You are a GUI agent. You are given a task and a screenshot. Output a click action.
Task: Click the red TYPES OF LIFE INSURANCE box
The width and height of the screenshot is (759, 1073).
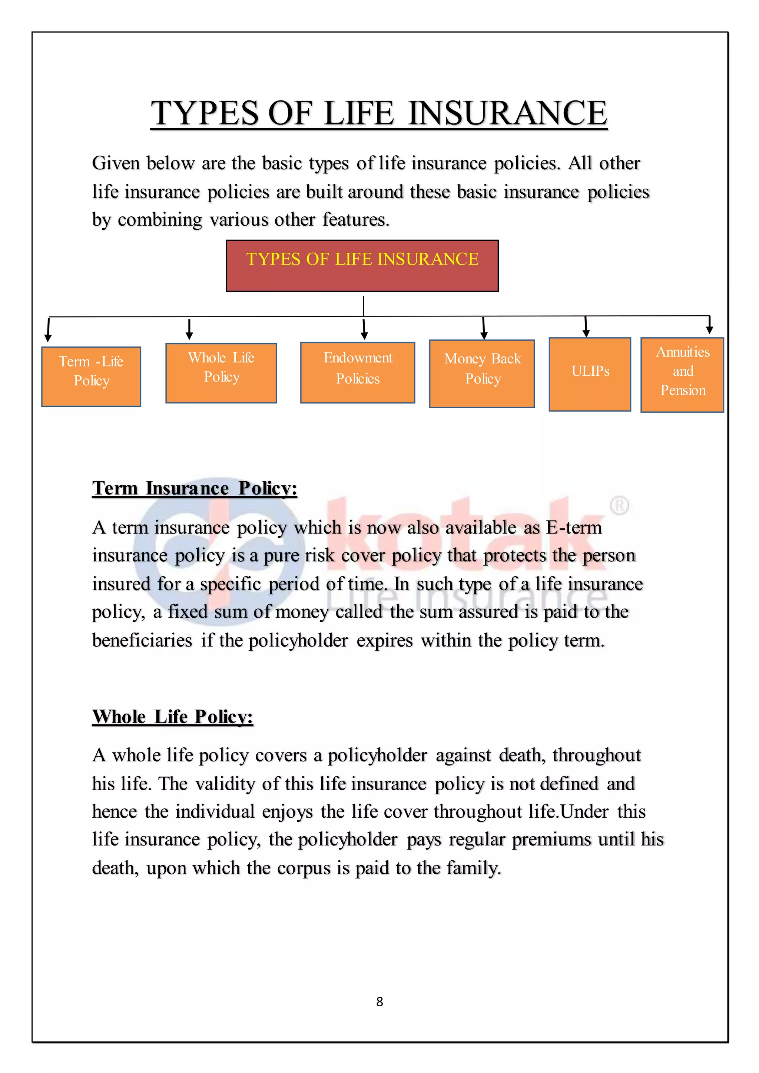[x=362, y=265]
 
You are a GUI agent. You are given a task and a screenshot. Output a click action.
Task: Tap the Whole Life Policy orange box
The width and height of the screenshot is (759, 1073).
[x=221, y=373]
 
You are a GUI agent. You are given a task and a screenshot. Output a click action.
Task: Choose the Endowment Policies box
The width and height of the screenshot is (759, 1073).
[x=358, y=372]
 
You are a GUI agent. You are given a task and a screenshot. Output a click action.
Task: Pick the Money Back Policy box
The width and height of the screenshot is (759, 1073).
[x=482, y=373]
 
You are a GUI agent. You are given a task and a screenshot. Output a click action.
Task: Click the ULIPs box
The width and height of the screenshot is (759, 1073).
[x=590, y=374]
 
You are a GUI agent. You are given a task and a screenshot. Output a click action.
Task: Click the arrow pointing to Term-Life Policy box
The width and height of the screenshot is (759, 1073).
[x=48, y=330]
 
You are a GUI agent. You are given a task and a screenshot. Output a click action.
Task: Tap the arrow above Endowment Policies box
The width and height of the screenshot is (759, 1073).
[x=364, y=329]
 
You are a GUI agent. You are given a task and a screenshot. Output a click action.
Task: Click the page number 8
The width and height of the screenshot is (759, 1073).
[x=379, y=1001]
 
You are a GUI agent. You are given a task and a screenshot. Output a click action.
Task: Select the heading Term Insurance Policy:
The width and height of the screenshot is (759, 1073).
[x=195, y=488]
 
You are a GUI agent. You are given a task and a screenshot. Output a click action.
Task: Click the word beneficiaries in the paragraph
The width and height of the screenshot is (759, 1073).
[x=142, y=640]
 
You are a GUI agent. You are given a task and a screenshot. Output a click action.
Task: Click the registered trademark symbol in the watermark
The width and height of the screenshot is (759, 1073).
[x=619, y=506]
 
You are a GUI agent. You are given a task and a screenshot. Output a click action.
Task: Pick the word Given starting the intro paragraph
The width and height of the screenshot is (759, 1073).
[x=115, y=163]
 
